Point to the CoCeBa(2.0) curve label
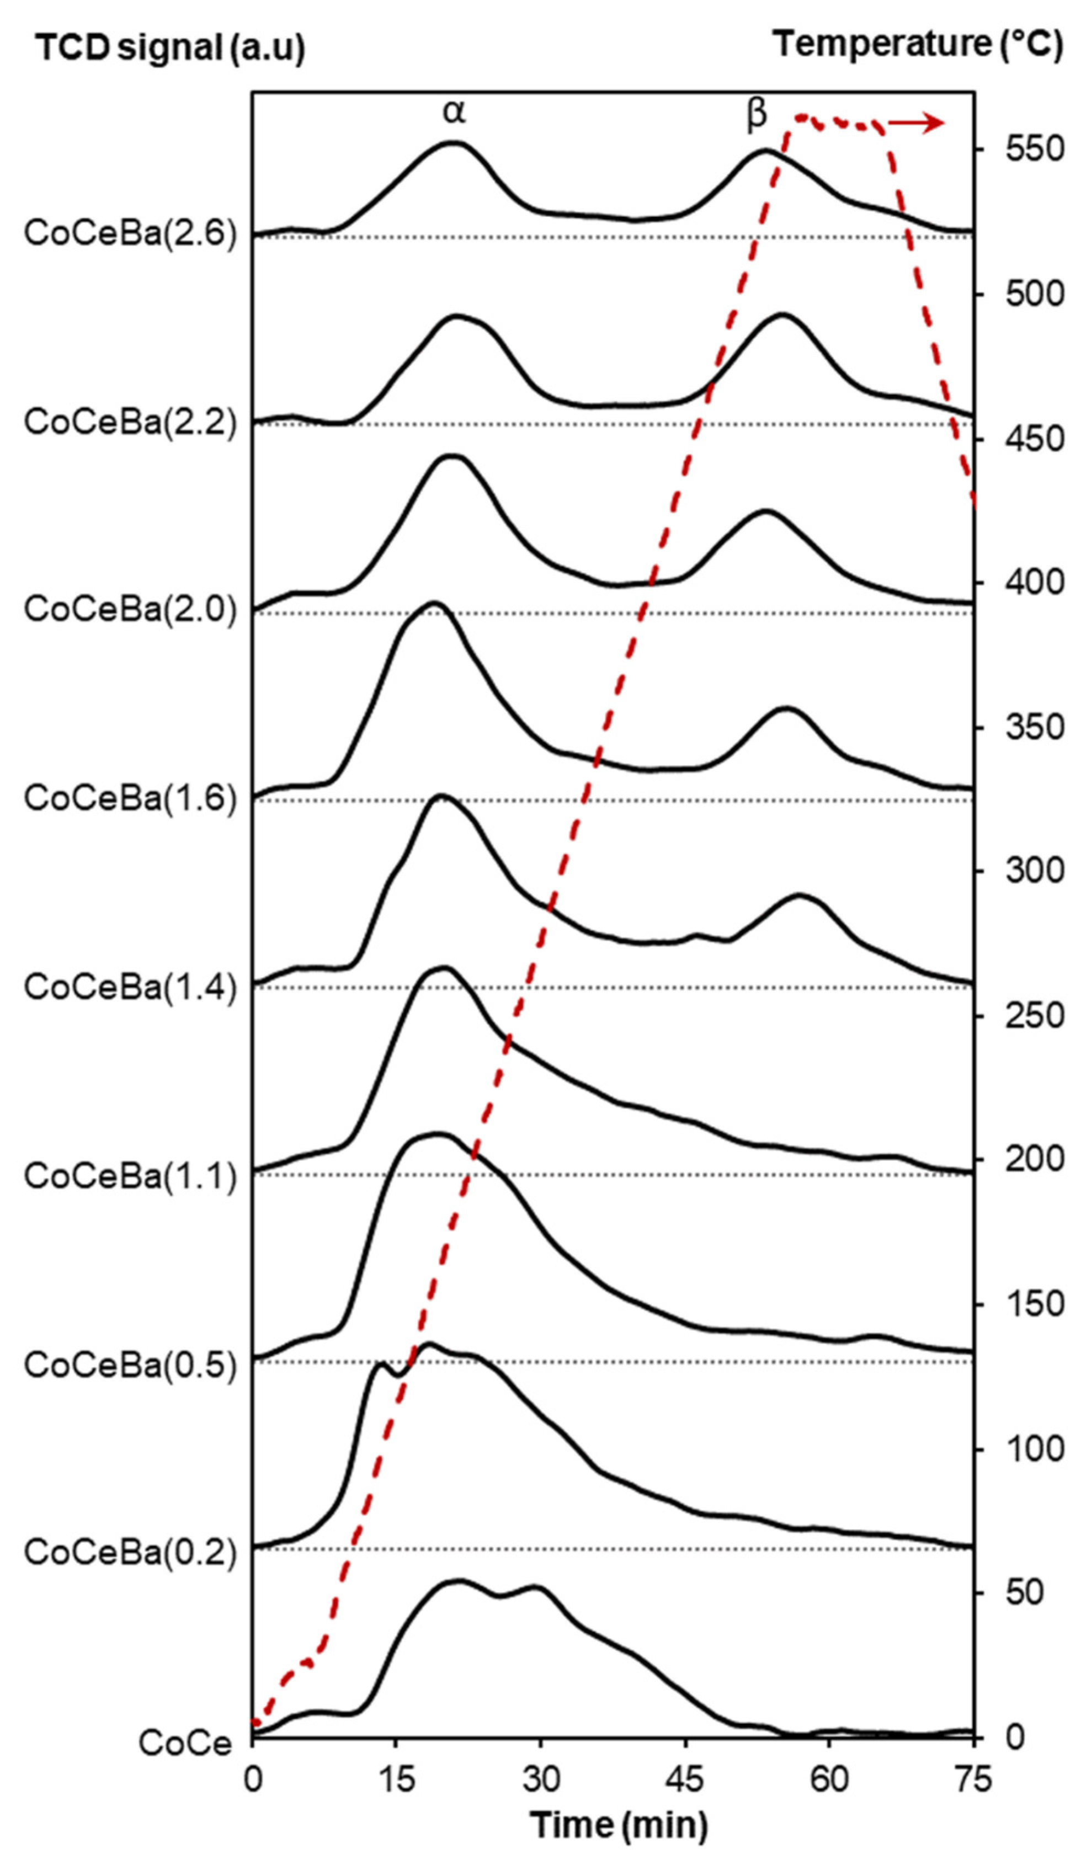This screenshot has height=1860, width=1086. (130, 610)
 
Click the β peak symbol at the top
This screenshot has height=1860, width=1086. (757, 114)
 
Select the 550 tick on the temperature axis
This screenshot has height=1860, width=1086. (1034, 150)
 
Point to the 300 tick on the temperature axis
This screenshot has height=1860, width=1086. (1034, 871)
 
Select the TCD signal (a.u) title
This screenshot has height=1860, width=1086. (171, 49)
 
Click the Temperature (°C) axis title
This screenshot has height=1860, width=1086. (918, 46)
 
